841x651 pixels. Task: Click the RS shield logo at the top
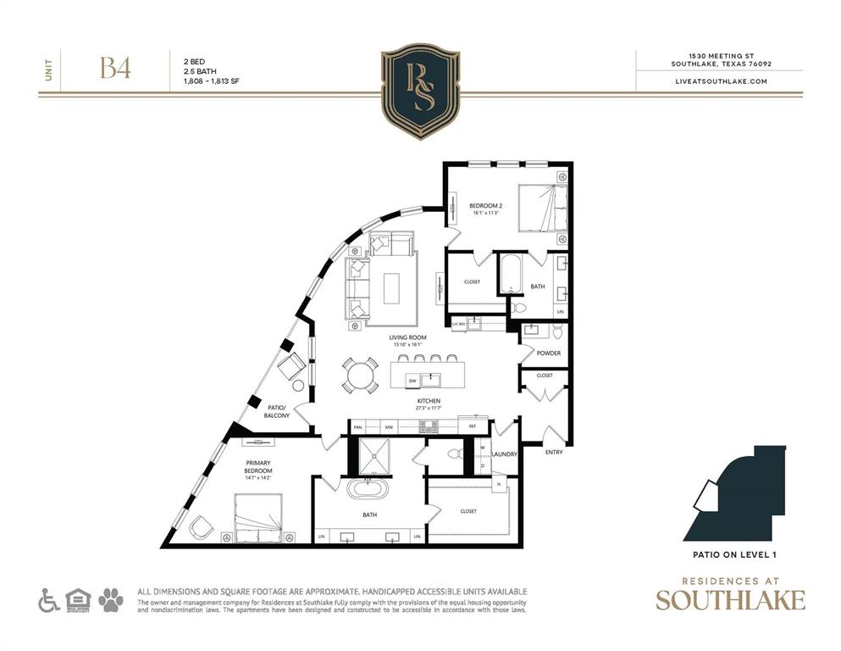[x=420, y=91]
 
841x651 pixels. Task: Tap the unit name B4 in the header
[x=115, y=70]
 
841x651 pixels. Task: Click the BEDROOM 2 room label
[x=486, y=205]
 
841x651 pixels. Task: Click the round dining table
[x=362, y=374]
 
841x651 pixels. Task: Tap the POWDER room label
[x=548, y=353]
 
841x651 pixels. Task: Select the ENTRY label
[x=554, y=452]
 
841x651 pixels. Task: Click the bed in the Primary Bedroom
[x=257, y=517]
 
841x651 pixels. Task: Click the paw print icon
[x=110, y=600]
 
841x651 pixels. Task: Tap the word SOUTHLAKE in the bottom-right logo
[x=730, y=600]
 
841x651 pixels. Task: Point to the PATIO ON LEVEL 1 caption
[x=730, y=555]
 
